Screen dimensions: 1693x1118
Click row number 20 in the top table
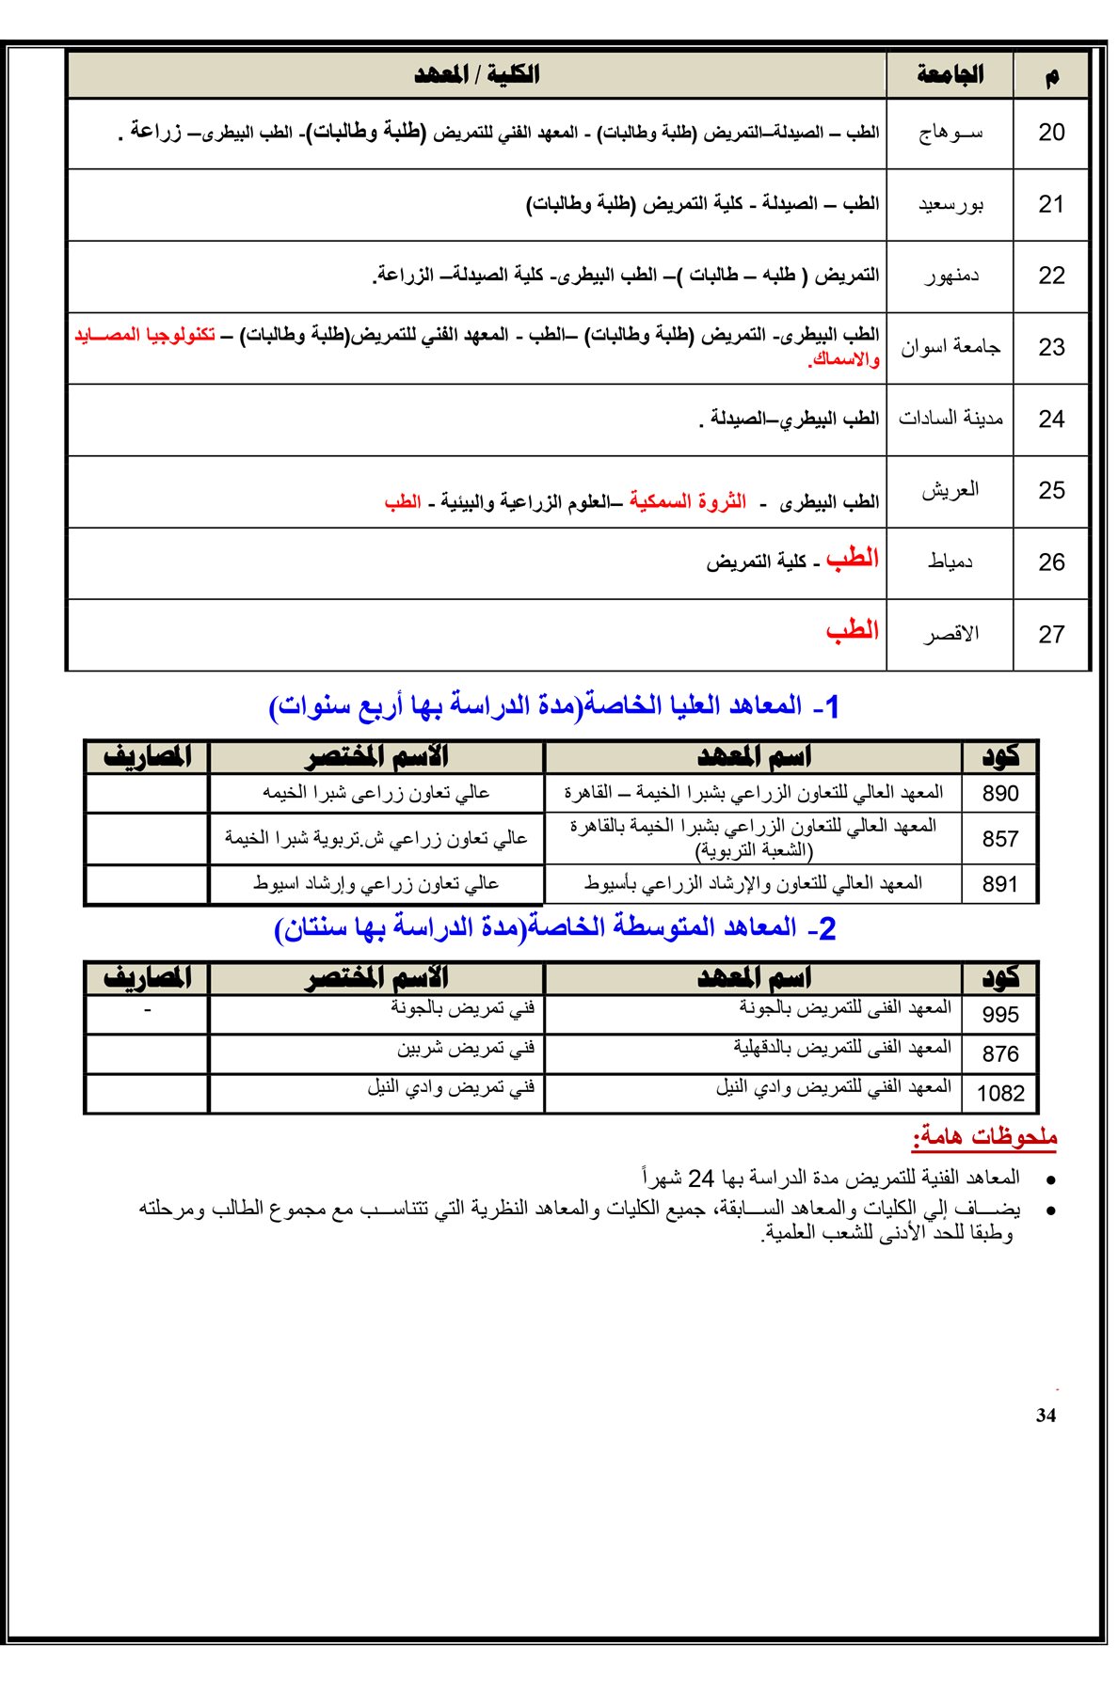pyautogui.click(x=1051, y=133)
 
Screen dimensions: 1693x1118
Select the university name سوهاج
pyautogui.click(x=950, y=133)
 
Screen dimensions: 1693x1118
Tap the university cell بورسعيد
pyautogui.click(x=950, y=204)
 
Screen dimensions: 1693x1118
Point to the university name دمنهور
pyautogui.click(x=951, y=276)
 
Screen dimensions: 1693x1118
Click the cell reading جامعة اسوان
pyautogui.click(x=950, y=347)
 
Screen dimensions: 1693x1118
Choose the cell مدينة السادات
pyautogui.click(x=950, y=419)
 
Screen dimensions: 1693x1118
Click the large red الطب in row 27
pyautogui.click(x=853, y=631)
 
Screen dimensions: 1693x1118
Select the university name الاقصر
pyautogui.click(x=950, y=634)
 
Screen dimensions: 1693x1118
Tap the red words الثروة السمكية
pyautogui.click(x=688, y=501)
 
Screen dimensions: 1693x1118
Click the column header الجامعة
pyautogui.click(x=950, y=75)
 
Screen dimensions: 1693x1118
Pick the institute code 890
pyautogui.click(x=1000, y=794)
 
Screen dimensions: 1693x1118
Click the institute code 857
pyautogui.click(x=1000, y=839)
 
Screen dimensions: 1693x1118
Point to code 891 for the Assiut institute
pyautogui.click(x=1000, y=884)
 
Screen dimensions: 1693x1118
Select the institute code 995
pyautogui.click(x=1000, y=1015)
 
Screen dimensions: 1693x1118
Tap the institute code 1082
pyautogui.click(x=1000, y=1093)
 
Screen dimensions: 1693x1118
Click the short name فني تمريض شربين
pyautogui.click(x=465, y=1048)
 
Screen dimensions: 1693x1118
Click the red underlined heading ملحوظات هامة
pyautogui.click(x=984, y=1137)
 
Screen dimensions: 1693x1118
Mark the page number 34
pyautogui.click(x=1046, y=1416)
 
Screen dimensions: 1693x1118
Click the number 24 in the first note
pyautogui.click(x=701, y=1179)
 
